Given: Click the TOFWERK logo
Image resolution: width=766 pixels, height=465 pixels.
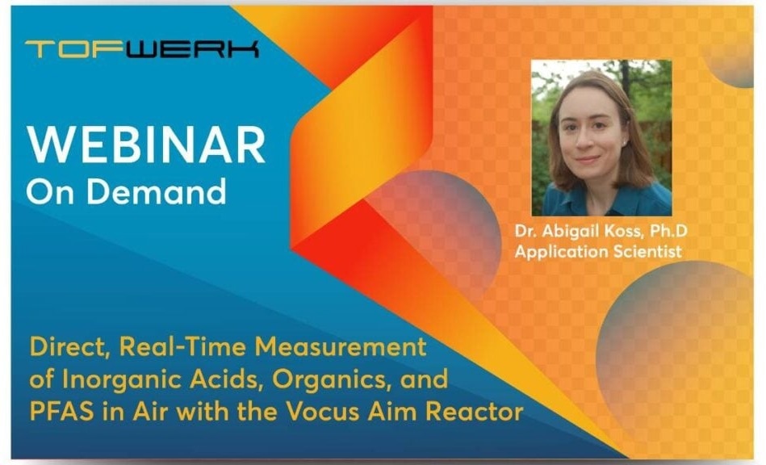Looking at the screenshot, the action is coord(142,49).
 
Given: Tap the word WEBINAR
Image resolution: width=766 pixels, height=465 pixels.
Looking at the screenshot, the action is coord(147,145).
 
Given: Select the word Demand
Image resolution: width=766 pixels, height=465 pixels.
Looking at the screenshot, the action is coord(157,191).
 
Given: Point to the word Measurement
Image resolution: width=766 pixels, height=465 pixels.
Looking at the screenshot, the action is coord(341,347).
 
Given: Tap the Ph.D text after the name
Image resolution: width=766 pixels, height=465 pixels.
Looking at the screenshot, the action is coord(668,231).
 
